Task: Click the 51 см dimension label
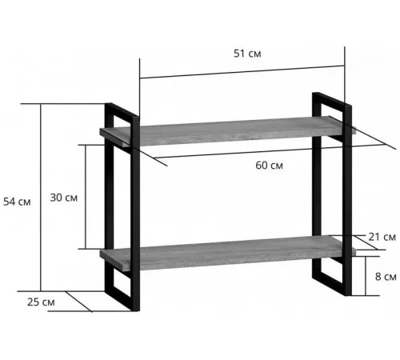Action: [x=247, y=54]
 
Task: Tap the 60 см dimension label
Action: [x=269, y=166]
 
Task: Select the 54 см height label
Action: [x=17, y=202]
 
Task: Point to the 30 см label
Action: [x=64, y=198]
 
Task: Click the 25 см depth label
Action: [x=41, y=302]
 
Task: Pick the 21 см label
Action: [x=382, y=237]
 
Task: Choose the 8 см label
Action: [x=386, y=277]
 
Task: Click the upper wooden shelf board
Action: [x=228, y=131]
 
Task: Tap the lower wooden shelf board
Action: [x=228, y=253]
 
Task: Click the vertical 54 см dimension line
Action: [x=41, y=198]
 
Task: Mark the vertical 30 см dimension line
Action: [x=86, y=197]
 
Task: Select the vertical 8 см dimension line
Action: [x=366, y=276]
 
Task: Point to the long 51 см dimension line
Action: [x=242, y=72]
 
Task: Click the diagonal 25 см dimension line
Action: [x=79, y=302]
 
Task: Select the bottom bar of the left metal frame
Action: [x=122, y=300]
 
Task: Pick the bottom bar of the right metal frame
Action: [x=332, y=285]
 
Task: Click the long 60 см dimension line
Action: [x=270, y=151]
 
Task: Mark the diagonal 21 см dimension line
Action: [x=366, y=242]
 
